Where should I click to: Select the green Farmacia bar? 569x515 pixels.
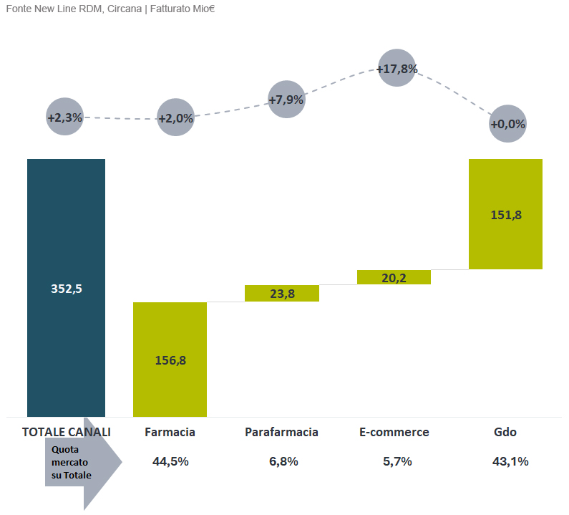[170, 359]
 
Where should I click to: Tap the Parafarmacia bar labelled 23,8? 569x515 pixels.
[281, 293]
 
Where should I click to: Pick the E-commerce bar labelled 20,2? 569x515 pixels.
[394, 277]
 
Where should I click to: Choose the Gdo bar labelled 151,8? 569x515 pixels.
[505, 213]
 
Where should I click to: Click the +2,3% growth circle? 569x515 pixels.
[65, 117]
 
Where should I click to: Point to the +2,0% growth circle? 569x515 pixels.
[175, 118]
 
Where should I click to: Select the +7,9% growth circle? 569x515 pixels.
[286, 100]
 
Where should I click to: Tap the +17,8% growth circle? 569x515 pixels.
[397, 69]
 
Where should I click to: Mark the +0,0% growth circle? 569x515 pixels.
[508, 124]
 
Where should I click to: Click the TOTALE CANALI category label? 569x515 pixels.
[67, 432]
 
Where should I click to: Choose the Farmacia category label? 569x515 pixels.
[170, 432]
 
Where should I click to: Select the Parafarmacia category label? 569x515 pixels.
[281, 432]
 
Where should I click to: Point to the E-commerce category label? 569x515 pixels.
[394, 432]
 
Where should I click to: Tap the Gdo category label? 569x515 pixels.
[505, 432]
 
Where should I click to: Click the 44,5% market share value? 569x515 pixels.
[170, 461]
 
